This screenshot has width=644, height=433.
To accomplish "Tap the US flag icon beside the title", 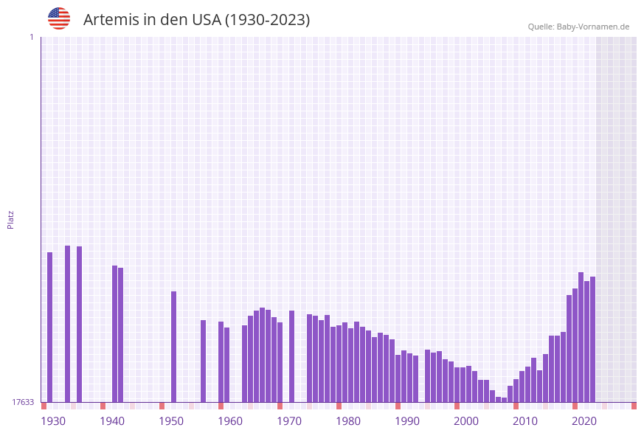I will (x=59, y=18).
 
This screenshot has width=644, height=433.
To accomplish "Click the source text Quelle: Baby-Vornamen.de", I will (x=578, y=27).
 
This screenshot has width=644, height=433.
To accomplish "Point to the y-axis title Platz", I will (x=11, y=219).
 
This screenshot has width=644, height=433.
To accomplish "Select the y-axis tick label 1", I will (x=31, y=37).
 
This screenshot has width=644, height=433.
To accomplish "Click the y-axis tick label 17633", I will (x=23, y=402).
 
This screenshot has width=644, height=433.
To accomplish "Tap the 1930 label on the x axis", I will (x=53, y=421).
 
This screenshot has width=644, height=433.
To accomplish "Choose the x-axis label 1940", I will (x=112, y=421).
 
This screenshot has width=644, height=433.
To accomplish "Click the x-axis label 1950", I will (x=171, y=421).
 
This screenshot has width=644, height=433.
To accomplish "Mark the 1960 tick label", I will (x=230, y=421).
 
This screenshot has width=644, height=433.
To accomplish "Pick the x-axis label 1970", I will (x=289, y=421).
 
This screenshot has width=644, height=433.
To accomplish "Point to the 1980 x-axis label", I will (x=348, y=421).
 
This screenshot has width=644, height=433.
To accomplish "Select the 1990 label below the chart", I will (x=407, y=421).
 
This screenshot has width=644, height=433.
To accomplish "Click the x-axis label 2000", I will (x=466, y=421).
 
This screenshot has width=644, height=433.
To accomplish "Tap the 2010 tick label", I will (x=525, y=421).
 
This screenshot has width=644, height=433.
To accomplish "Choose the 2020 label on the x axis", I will (x=584, y=421).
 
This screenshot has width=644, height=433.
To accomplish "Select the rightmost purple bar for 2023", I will (x=592, y=339).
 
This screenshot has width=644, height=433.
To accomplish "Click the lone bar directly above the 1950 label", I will (x=174, y=347).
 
